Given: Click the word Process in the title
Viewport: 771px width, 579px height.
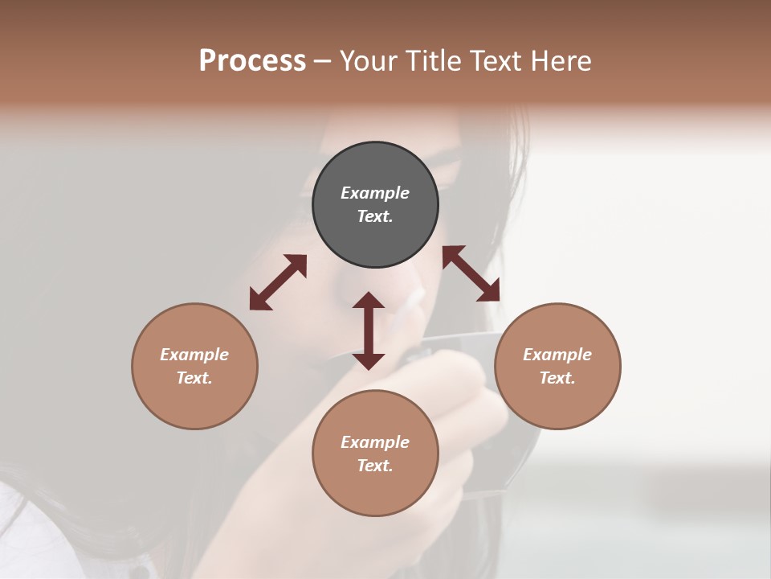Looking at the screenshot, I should click(252, 61).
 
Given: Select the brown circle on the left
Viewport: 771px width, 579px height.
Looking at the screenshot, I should click(194, 402).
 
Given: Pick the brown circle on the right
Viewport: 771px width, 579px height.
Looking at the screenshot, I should click(557, 402).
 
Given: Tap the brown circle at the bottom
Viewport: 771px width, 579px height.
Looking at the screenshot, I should click(375, 491).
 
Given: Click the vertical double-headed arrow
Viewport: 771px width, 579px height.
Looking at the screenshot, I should click(369, 331).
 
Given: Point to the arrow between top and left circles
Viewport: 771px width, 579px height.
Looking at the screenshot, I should click(278, 282).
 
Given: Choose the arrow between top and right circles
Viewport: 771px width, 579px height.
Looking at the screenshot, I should click(471, 273).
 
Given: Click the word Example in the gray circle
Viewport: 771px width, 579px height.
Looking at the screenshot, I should click(375, 193).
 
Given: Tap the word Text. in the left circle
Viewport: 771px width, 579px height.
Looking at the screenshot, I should click(194, 378).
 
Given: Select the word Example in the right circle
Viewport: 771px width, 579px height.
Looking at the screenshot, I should click(557, 355).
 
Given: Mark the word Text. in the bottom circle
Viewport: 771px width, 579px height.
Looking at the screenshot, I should click(375, 466).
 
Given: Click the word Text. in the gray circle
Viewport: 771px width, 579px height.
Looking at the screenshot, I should click(375, 216).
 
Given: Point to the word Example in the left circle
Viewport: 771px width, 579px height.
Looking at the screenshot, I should click(194, 355).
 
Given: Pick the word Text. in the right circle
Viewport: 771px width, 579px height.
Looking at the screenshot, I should click(557, 378).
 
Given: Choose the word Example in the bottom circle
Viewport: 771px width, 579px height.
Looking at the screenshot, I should click(375, 442).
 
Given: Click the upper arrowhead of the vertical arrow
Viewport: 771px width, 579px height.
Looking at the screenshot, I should click(369, 301).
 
